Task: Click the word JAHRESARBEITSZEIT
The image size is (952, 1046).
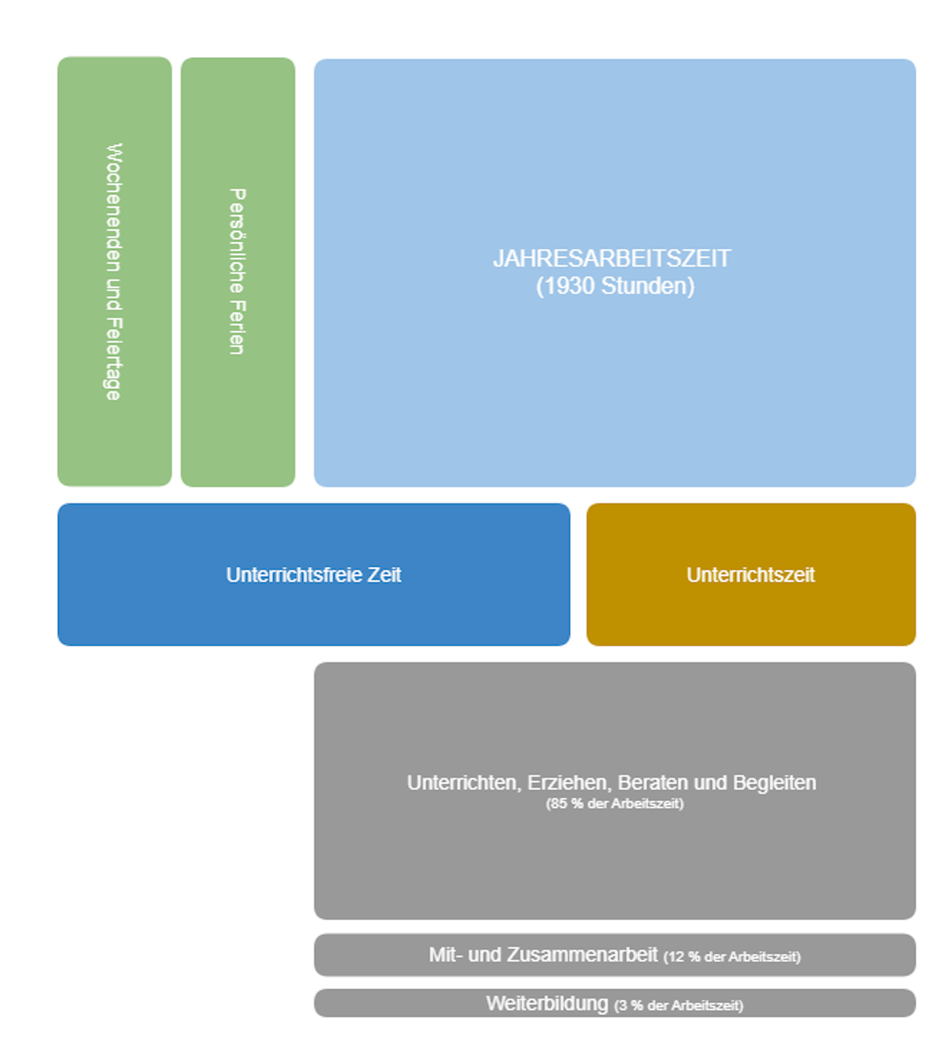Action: (611, 258)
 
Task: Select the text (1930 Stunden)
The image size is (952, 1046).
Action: (615, 286)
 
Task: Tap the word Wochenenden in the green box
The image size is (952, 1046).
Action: (114, 207)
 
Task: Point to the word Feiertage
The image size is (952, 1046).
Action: (114, 359)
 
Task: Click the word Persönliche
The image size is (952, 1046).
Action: (237, 241)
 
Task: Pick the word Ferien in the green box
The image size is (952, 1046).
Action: (237, 328)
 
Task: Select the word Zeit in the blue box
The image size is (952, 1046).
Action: (385, 575)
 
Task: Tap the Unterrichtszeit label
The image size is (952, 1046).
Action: (751, 575)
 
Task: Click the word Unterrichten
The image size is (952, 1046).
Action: (464, 783)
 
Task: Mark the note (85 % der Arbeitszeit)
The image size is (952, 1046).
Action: (615, 804)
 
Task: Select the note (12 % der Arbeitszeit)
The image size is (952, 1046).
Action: (732, 957)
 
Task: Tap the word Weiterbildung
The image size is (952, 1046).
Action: (547, 1003)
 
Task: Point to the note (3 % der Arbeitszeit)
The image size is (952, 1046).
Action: (678, 1005)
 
